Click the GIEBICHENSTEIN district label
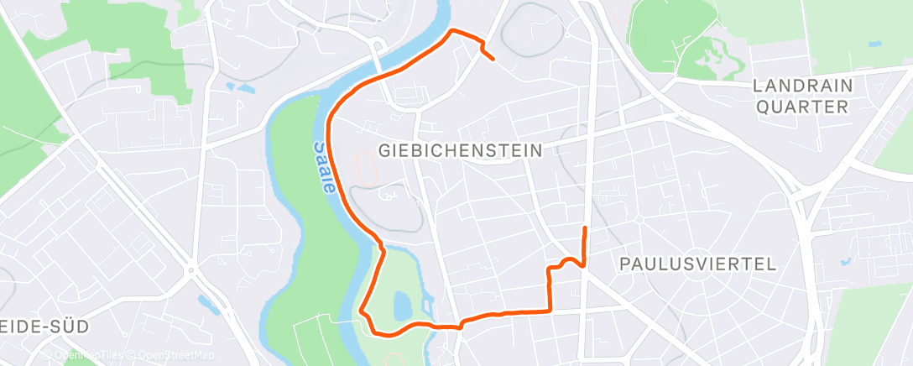tap(461, 150)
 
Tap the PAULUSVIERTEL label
tap(696, 264)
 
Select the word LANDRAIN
tap(803, 86)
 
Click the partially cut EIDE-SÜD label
tap(42, 325)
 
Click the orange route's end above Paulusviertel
tap(584, 228)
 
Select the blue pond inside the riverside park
tap(401, 301)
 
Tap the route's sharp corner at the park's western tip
tap(362, 311)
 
